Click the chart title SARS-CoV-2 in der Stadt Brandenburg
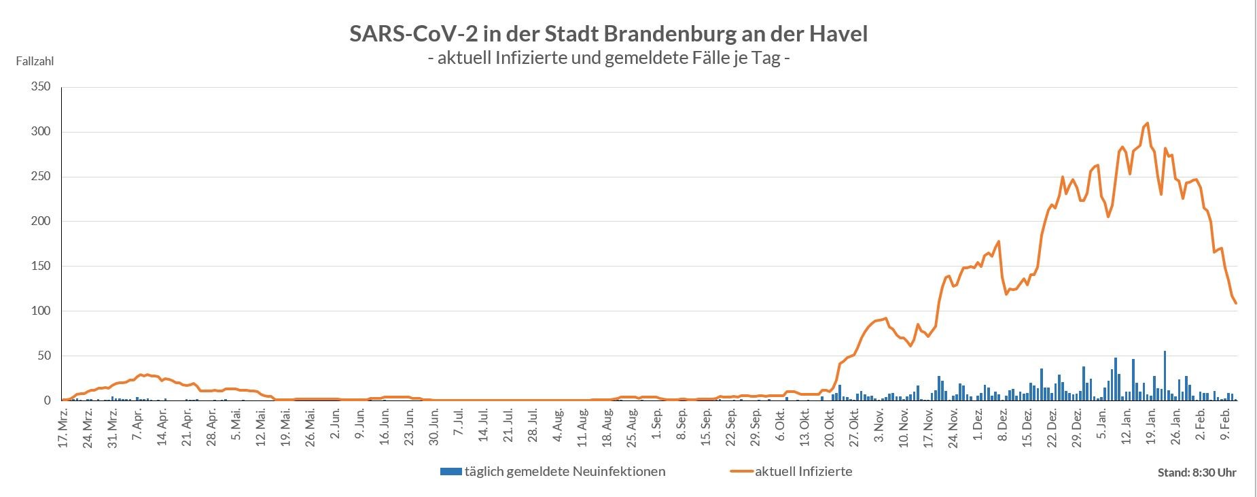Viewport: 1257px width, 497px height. coord(608,34)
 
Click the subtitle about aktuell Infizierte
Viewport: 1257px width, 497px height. coord(609,58)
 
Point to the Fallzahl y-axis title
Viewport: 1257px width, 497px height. coord(35,61)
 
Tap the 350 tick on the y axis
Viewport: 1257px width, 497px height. coord(41,87)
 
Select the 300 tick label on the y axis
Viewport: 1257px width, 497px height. coord(41,132)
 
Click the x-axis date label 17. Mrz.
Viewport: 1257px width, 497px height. coord(63,427)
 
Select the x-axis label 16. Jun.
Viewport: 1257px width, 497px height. coord(385,426)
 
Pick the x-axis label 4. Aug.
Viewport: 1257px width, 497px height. coord(558,426)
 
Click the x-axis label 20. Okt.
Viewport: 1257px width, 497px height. coord(830,426)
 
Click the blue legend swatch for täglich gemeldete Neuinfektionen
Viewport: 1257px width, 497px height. coord(450,471)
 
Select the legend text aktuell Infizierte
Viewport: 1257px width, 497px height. coord(803,471)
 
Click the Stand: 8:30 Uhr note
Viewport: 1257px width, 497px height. coord(1197,473)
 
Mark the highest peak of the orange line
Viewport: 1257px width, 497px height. coord(1148,123)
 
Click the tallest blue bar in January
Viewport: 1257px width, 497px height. coord(1165,375)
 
